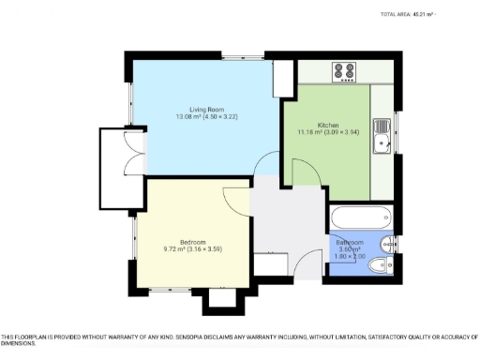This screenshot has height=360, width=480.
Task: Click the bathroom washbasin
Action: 387,242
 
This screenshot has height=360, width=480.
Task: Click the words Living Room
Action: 203,110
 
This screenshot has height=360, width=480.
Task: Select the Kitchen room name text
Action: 328,125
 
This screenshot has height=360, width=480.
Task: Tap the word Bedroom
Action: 192,241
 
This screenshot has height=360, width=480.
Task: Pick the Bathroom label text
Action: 352,243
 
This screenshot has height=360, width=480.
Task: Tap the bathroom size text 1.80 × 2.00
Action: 352,257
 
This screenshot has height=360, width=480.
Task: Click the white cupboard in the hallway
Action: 270,265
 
